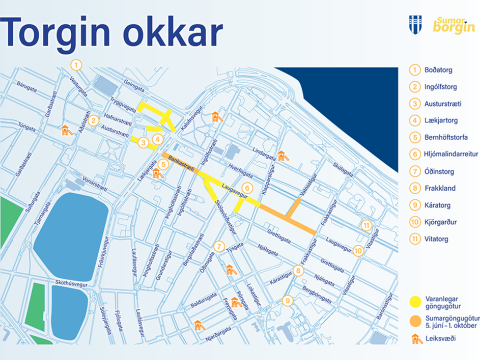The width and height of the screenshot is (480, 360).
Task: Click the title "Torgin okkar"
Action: pos(112,32)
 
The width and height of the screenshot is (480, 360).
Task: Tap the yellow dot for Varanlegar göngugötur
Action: pos(414,298)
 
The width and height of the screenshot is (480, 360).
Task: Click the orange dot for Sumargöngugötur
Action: pos(414,320)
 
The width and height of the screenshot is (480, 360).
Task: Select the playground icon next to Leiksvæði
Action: pos(414,340)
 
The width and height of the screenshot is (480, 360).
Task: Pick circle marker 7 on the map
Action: pos(219,246)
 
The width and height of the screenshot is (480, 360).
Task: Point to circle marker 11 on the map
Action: pos(367,225)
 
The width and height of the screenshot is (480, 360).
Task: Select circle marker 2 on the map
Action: pos(92,120)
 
